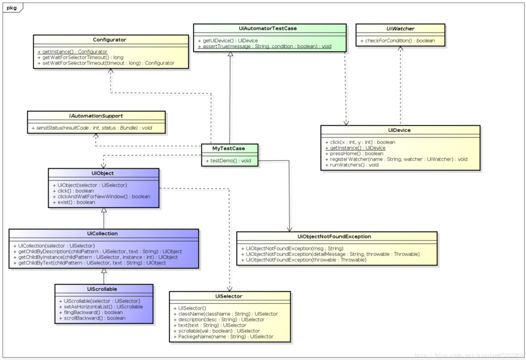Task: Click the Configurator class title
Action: pos(109,40)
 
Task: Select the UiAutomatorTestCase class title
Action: pos(268,28)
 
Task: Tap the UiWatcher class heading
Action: pos(400,29)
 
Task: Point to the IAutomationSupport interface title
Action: pos(96,116)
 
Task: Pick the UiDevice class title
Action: pos(400,130)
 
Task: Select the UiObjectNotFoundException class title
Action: pos(334,236)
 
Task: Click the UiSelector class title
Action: pos(228,296)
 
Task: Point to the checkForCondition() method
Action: pos(398,41)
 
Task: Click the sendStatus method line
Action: pos(94,128)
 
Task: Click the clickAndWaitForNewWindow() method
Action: pos(103,196)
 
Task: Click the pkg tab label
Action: pos(12,8)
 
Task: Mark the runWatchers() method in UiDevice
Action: pos(354,165)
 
